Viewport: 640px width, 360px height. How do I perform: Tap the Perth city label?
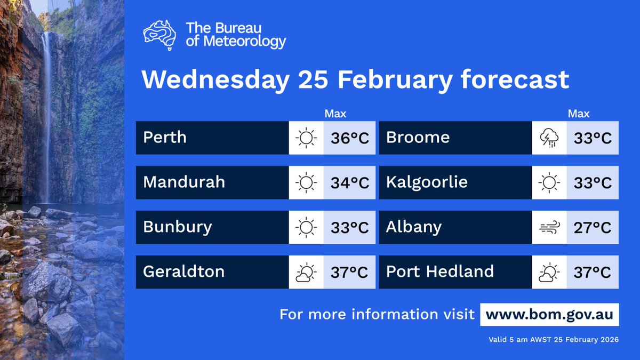[165, 138]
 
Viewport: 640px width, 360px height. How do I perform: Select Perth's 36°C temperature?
[349, 138]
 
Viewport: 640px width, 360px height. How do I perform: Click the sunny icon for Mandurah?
[306, 183]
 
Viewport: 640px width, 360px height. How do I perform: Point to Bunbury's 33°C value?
[349, 228]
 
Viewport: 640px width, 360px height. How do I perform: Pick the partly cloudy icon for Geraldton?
[306, 273]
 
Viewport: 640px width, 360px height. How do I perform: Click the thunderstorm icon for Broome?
[549, 138]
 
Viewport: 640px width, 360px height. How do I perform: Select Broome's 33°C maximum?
[593, 138]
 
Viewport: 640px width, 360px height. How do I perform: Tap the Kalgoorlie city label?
[427, 182]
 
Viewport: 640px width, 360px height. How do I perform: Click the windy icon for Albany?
[549, 228]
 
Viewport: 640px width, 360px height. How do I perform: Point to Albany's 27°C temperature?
[593, 228]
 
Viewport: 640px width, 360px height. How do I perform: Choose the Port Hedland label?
[440, 271]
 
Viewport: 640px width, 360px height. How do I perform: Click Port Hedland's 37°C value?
[593, 273]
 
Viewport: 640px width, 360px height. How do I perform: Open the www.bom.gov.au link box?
[549, 314]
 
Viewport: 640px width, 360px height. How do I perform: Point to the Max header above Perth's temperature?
[335, 114]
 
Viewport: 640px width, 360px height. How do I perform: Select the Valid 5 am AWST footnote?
[554, 340]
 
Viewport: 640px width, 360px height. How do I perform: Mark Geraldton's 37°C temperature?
[349, 273]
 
